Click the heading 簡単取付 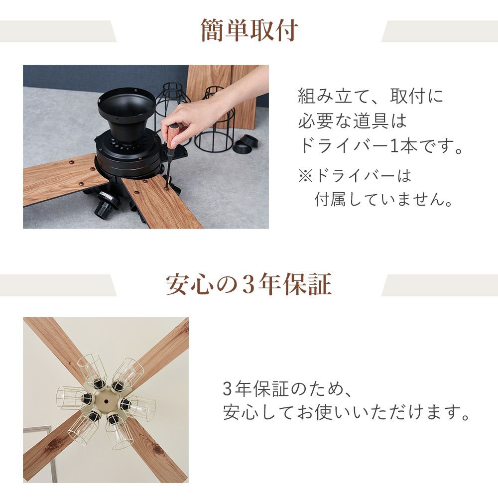249,30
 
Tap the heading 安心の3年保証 249,284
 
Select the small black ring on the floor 246,145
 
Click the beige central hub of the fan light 107,400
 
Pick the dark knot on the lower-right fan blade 157,449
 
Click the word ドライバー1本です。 380,146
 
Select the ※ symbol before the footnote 306,176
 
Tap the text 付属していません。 383,200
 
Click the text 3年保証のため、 287,388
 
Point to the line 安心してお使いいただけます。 346,412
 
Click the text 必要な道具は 353,121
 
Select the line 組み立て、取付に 371,96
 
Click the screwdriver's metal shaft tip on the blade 167,187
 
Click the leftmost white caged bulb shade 71,397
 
